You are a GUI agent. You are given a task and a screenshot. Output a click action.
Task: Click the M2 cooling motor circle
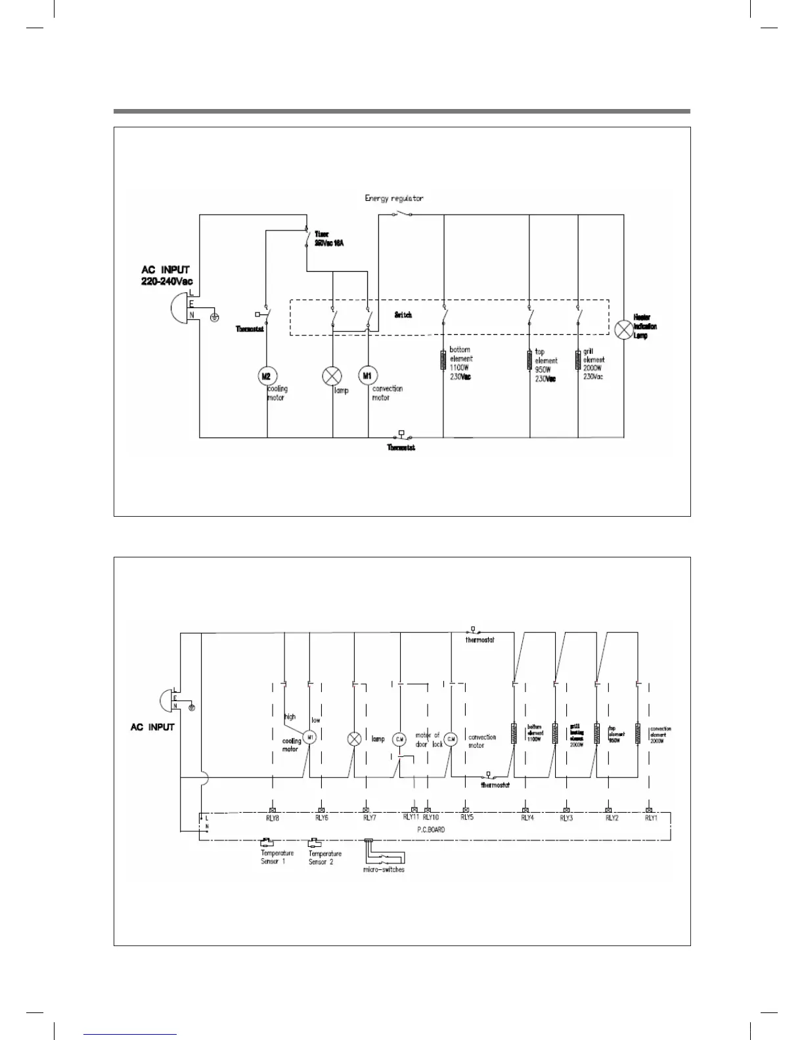coord(267,376)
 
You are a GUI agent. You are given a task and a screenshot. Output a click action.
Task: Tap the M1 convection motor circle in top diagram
coord(367,376)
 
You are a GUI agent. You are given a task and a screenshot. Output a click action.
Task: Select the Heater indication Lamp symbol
coord(622,330)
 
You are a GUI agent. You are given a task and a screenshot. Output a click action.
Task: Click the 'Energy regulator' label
coord(394,198)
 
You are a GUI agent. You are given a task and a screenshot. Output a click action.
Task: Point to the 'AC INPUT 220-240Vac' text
coord(167,276)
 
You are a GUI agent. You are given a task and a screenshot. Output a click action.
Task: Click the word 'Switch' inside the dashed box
coord(403,315)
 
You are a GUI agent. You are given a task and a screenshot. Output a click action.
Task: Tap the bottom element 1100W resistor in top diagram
coord(443,360)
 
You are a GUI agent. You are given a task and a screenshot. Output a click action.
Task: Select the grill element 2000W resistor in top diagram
coord(578,360)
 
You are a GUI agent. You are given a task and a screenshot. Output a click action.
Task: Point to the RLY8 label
coord(273,818)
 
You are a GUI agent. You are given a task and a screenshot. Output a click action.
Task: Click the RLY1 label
coord(650,818)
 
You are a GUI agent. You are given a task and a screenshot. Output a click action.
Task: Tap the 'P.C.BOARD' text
coord(431,830)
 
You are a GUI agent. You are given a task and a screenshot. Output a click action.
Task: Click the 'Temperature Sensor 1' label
coord(277,857)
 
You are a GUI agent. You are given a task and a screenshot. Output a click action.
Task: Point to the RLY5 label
coord(466,818)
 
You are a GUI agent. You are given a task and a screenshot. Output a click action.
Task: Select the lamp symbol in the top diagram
coord(332,376)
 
